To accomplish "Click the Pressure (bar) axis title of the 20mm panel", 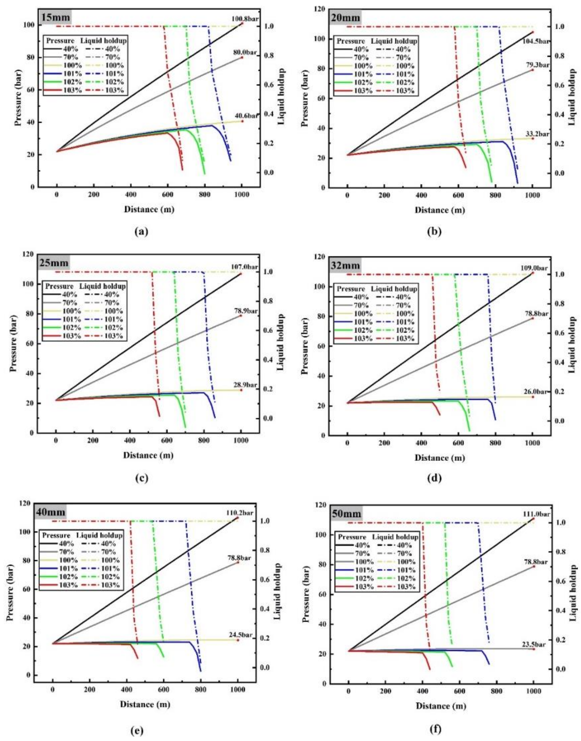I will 305,98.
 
